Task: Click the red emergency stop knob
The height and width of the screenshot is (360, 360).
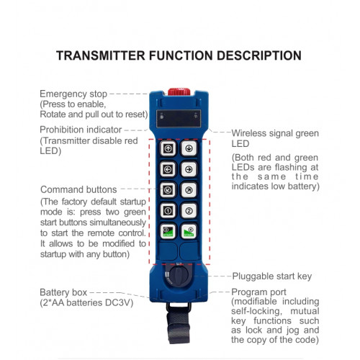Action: pyautogui.click(x=179, y=91)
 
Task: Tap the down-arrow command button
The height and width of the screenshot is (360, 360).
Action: pyautogui.click(x=189, y=148)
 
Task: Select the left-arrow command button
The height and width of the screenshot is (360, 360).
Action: pyautogui.click(x=168, y=169)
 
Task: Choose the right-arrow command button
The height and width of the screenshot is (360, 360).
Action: pyautogui.click(x=189, y=169)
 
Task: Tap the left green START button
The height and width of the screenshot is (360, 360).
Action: pyautogui.click(x=168, y=231)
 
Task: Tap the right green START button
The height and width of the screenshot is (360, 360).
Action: pyautogui.click(x=189, y=231)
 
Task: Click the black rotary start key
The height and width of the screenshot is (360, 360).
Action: pyautogui.click(x=179, y=276)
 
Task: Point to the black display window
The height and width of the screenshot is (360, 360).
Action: pyautogui.click(x=179, y=119)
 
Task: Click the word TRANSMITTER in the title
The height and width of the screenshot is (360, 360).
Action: pyautogui.click(x=101, y=55)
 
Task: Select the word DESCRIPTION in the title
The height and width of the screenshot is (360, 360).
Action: pyautogui.click(x=259, y=55)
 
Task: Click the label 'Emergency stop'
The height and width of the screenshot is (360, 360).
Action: pyautogui.click(x=73, y=94)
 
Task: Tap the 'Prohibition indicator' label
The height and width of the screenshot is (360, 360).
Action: pyautogui.click(x=81, y=130)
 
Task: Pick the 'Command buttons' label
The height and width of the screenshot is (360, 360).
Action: pyautogui.click(x=78, y=189)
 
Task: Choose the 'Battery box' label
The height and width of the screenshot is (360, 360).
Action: pyautogui.click(x=63, y=292)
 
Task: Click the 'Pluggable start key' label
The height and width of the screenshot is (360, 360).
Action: pyautogui.click(x=272, y=276)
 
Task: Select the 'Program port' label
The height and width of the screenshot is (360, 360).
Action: pyautogui.click(x=258, y=292)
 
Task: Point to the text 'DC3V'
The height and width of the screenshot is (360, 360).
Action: pyautogui.click(x=119, y=303)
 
